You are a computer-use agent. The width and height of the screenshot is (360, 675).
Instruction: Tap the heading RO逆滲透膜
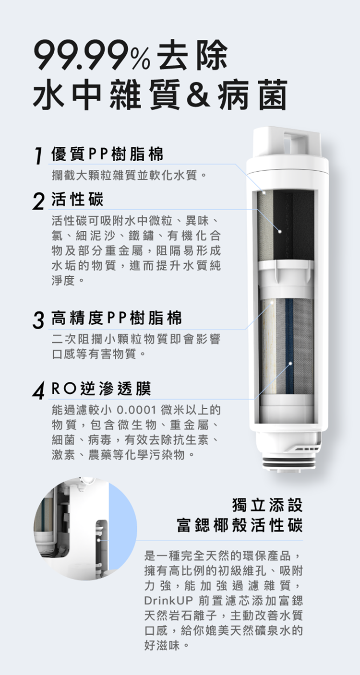[101, 389]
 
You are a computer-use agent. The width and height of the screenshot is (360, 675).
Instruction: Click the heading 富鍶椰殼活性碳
[240, 525]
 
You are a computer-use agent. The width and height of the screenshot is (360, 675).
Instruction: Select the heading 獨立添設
[267, 504]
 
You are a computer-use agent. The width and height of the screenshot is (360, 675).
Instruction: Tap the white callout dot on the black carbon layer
[280, 231]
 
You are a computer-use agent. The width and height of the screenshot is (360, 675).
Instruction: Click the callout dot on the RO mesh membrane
[290, 363]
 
